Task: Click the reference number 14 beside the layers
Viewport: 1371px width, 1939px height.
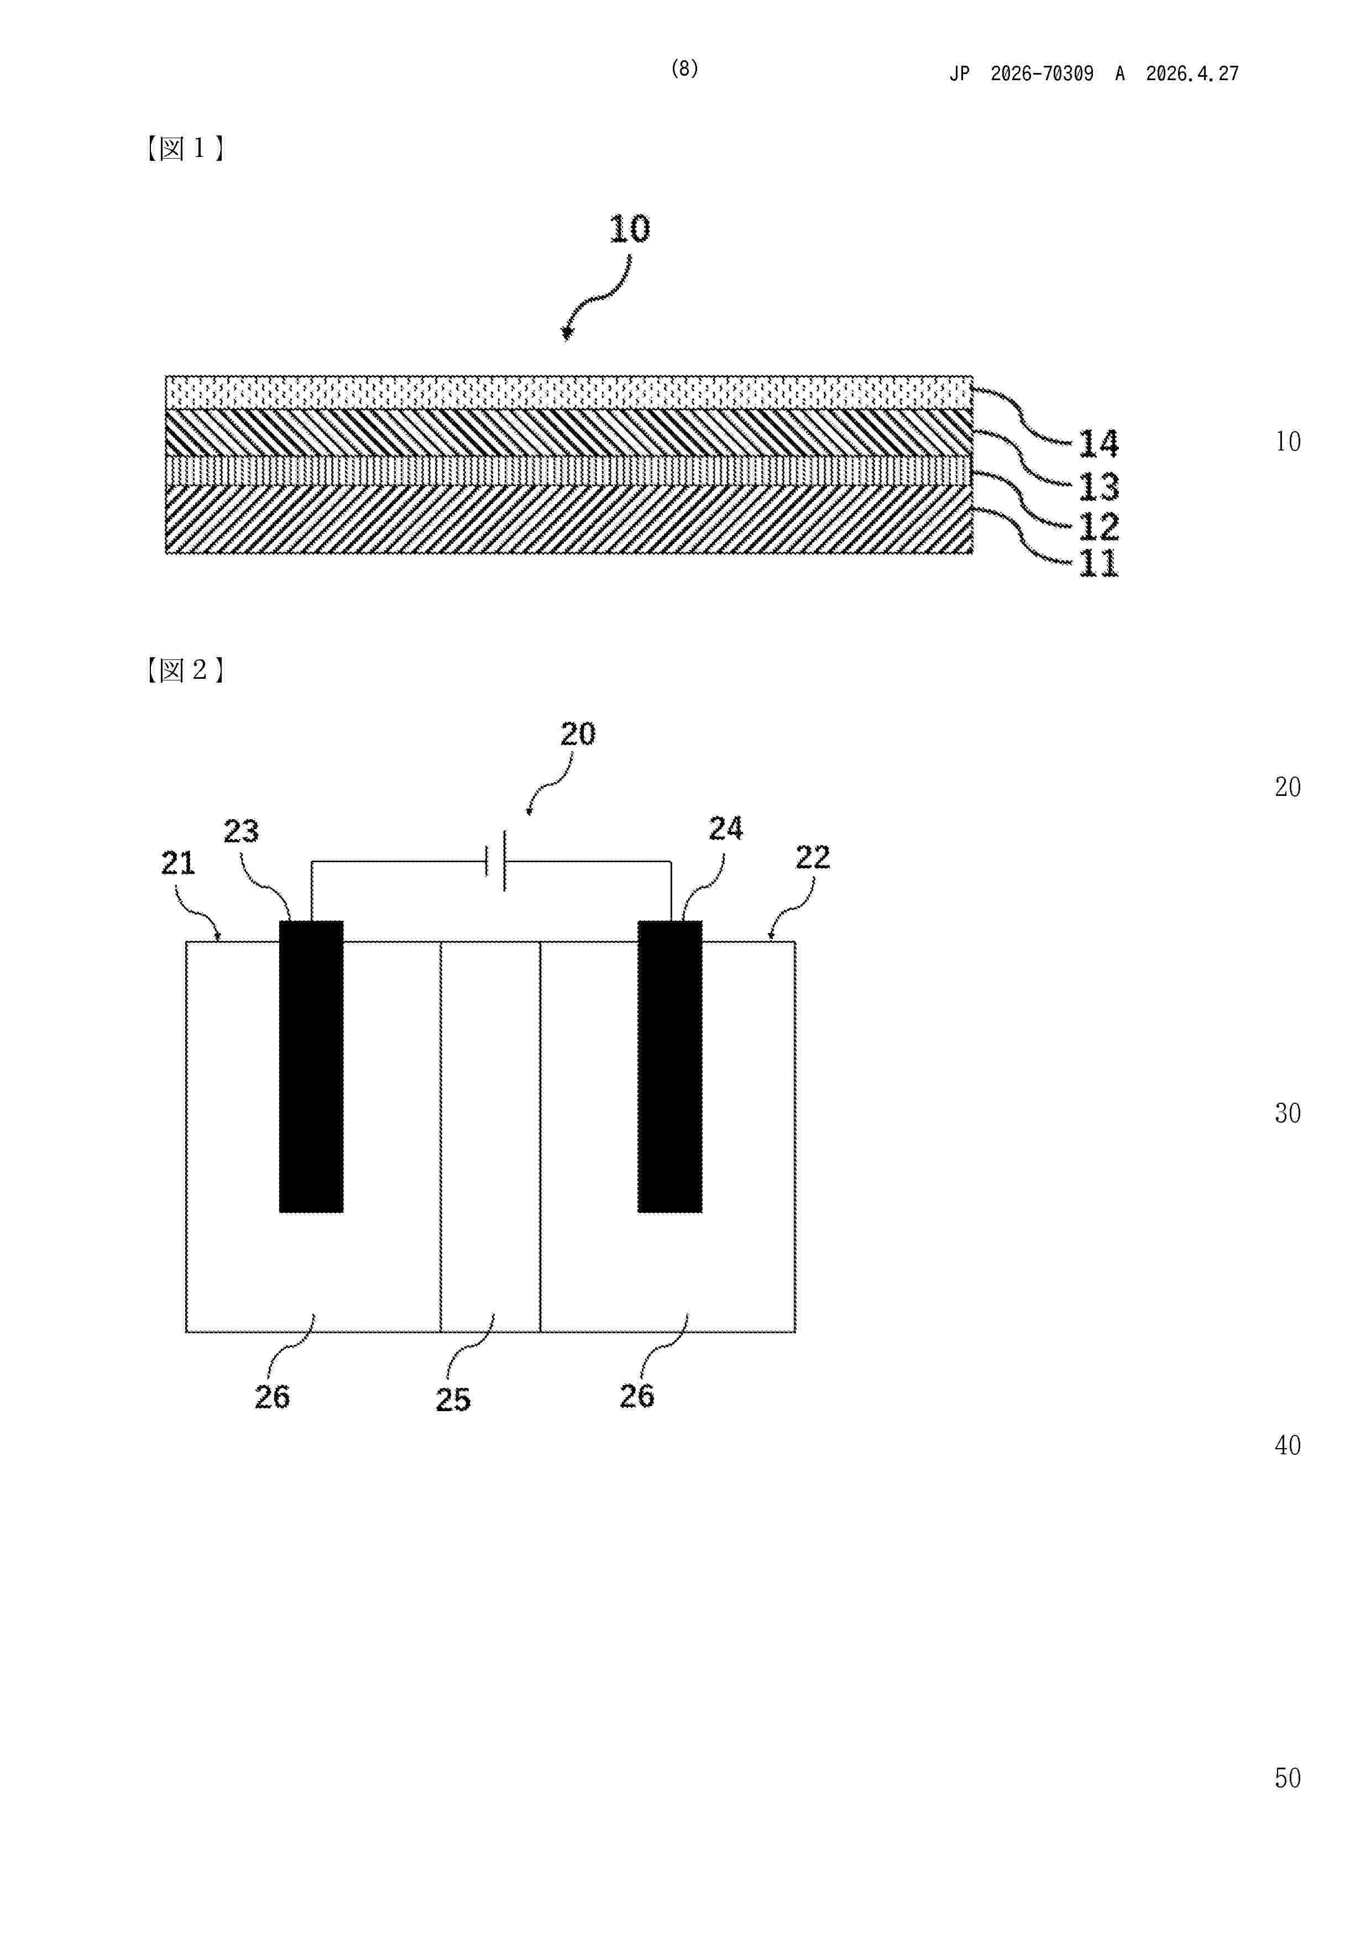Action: [1098, 443]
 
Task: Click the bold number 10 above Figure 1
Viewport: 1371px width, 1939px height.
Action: [629, 229]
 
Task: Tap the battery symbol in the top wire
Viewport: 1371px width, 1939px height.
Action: [496, 861]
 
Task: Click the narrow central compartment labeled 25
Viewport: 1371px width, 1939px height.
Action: [490, 1136]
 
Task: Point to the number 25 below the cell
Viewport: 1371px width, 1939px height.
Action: [453, 1400]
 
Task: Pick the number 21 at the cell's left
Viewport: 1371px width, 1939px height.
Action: [178, 863]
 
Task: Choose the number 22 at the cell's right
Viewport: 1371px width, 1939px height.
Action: [813, 858]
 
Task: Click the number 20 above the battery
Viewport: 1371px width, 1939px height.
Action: [578, 734]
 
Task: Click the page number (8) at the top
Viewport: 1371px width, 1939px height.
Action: [684, 69]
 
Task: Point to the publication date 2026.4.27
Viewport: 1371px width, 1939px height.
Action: [1192, 74]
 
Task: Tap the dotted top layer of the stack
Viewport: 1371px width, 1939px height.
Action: [568, 392]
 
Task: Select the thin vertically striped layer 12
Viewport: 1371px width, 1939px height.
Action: [568, 470]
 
